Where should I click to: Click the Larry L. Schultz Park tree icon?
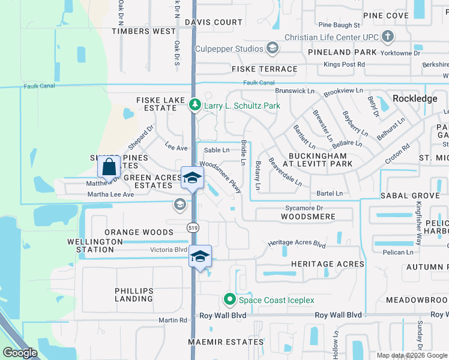(x=194, y=106)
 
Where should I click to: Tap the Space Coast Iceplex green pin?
(x=229, y=299)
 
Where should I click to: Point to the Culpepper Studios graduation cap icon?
(x=272, y=48)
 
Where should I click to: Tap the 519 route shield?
(x=193, y=227)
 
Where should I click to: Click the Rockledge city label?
(x=414, y=98)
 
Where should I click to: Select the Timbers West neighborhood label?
(x=143, y=31)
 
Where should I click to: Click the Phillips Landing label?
(x=134, y=295)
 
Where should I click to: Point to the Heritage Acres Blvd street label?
(x=297, y=244)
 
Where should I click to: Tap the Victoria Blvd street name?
(x=170, y=250)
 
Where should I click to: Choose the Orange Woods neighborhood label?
(x=139, y=232)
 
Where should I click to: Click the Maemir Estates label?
(x=225, y=342)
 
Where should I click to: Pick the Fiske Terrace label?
(x=265, y=69)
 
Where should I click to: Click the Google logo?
(x=20, y=353)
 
